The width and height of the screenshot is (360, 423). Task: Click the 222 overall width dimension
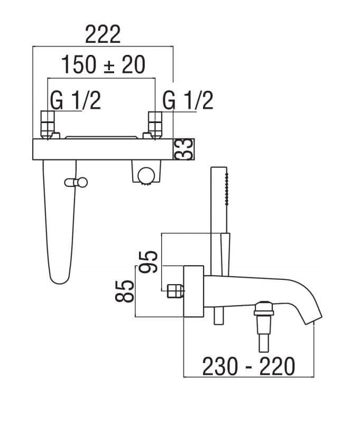pos(103,34)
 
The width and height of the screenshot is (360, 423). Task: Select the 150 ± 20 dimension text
pos(104,65)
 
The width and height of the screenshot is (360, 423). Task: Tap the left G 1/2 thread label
pos(76,100)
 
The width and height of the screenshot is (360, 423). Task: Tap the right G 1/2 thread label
pos(188,100)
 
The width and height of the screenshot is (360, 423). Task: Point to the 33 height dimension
pos(184,149)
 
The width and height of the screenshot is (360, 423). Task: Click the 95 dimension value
pos(147,262)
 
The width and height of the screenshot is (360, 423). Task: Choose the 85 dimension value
pos(125,291)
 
